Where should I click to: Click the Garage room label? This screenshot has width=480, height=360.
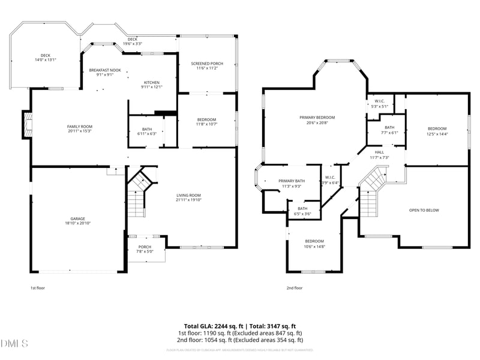point(77,218)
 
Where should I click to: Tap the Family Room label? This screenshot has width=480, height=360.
point(79,127)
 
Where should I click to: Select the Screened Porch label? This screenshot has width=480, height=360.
point(206,64)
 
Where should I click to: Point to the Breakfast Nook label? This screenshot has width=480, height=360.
point(105,70)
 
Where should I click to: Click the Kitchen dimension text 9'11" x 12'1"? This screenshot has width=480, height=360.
point(152,87)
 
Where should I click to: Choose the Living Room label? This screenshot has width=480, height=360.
point(188,195)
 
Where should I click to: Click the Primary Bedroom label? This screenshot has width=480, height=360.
point(317,117)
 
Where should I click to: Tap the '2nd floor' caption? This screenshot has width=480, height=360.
point(295,288)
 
